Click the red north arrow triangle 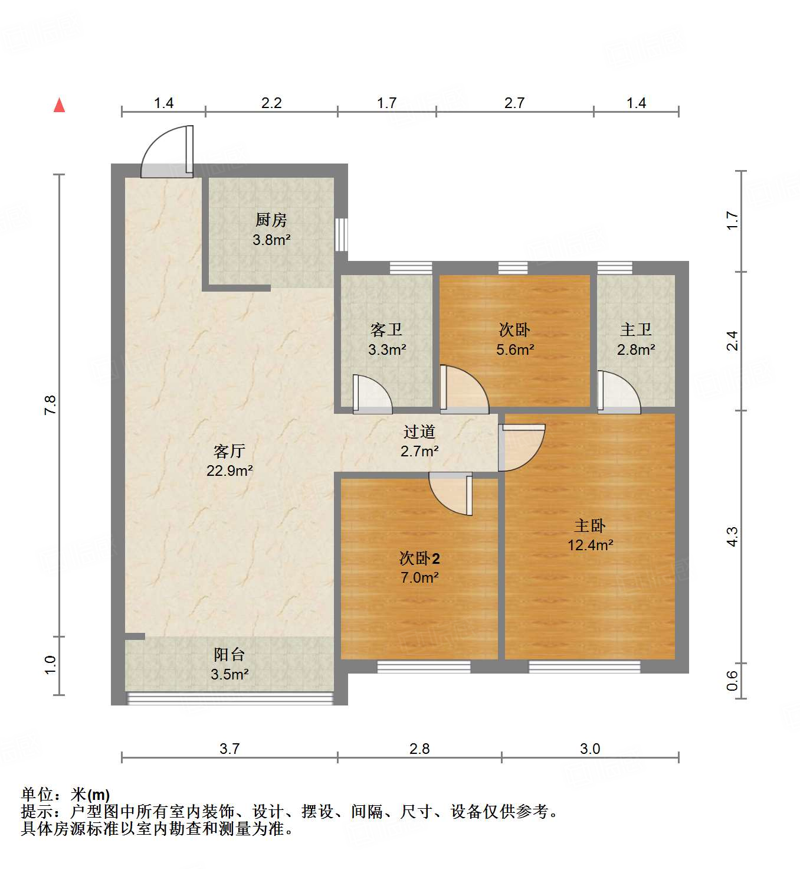click(x=59, y=105)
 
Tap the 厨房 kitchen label click(x=271, y=220)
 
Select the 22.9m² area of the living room click(x=229, y=471)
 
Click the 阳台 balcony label click(x=229, y=655)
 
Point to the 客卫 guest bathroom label click(x=386, y=329)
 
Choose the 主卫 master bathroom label click(x=635, y=329)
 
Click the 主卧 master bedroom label click(x=589, y=525)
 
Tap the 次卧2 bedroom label click(x=419, y=558)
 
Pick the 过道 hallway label click(x=419, y=432)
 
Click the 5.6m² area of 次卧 click(x=515, y=349)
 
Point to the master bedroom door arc click(x=522, y=447)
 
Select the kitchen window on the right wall click(x=341, y=234)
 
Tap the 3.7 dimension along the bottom click(x=229, y=749)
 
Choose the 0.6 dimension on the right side click(x=732, y=681)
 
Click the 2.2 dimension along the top click(x=271, y=103)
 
